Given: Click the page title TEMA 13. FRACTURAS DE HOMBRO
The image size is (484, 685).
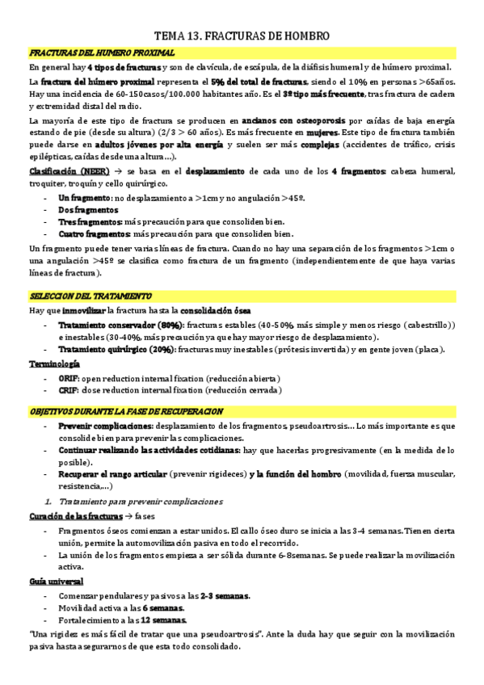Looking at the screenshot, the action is coord(242,36).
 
